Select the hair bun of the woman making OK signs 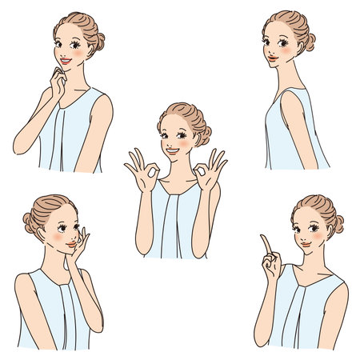tap(203, 132)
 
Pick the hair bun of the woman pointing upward tap(337, 223)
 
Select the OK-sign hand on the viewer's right tap(210, 169)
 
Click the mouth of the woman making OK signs tap(174, 150)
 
